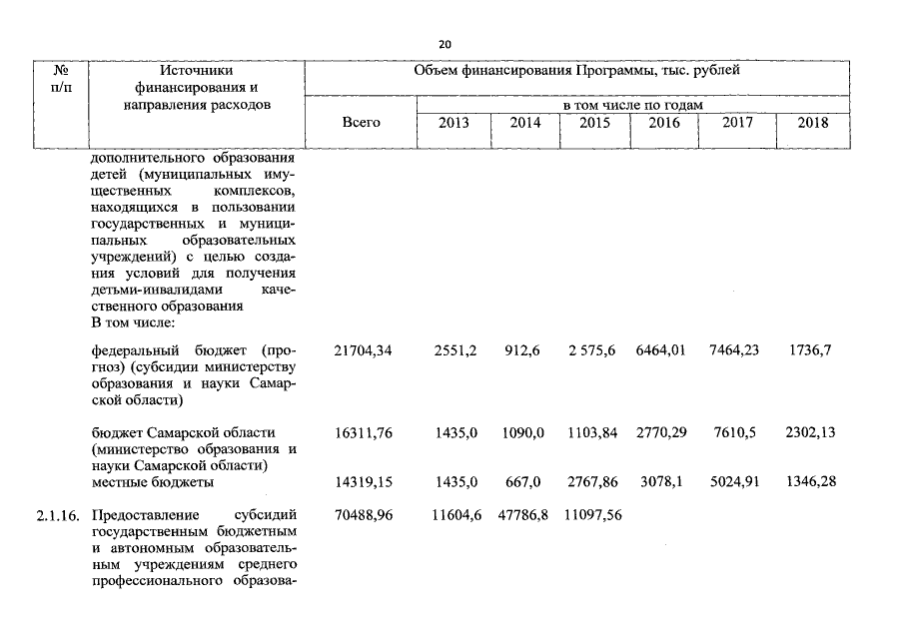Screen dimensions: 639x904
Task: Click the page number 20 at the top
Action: (x=445, y=44)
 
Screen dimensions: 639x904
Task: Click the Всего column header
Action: (x=361, y=123)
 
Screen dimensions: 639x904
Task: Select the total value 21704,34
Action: (x=363, y=351)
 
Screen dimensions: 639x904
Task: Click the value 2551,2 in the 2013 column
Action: (x=455, y=351)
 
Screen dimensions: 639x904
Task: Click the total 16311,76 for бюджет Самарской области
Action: (x=363, y=432)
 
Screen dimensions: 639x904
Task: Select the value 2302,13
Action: (x=810, y=432)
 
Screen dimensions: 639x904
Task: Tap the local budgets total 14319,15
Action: (x=363, y=482)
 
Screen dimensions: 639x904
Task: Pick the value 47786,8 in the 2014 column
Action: (x=524, y=516)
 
